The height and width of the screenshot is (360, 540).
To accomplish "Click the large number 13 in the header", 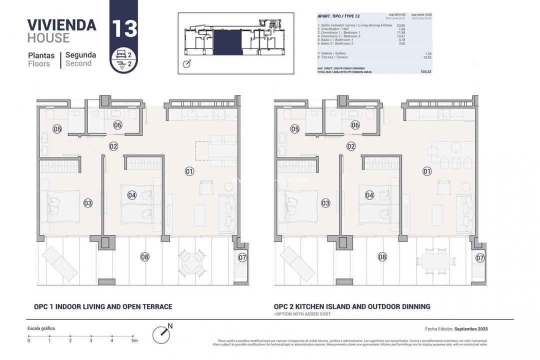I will coord(124,28).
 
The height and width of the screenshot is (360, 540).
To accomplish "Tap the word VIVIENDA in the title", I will coord(61,25).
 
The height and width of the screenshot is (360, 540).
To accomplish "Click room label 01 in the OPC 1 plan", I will coord(189,171).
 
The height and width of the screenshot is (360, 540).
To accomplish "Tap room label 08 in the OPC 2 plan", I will coord(382,257).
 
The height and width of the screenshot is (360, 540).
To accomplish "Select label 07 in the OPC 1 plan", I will coord(242,258).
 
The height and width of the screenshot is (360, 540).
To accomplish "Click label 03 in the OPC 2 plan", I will coord(325,203).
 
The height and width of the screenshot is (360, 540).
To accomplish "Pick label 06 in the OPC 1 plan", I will coord(117,125).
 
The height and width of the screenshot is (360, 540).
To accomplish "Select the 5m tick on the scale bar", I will coord(133,336).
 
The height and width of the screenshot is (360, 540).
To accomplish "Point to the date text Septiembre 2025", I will coord(470,329).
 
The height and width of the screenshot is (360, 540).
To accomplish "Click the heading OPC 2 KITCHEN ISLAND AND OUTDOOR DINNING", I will coord(351,306).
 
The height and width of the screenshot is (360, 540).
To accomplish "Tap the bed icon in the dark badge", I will coord(119,53).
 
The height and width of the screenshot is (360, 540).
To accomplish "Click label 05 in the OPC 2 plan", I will coord(294,129).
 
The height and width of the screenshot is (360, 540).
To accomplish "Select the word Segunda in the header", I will coord(80,55).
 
